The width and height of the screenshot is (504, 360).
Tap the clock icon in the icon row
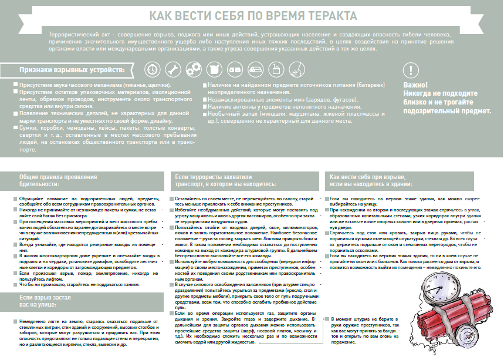(x=153, y=69)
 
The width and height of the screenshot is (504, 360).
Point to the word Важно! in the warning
(x=415, y=86)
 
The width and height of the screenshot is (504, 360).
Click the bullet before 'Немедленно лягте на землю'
(x=13, y=322)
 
